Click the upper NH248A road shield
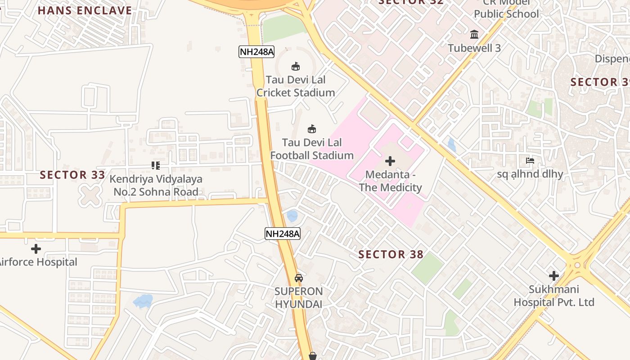pyautogui.click(x=256, y=52)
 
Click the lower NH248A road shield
pyautogui.click(x=282, y=234)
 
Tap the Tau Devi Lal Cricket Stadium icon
pyautogui.click(x=296, y=67)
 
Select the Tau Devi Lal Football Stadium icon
pyautogui.click(x=311, y=129)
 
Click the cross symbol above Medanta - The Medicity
pyautogui.click(x=390, y=161)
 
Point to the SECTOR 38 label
pyautogui.click(x=391, y=255)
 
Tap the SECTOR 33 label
pyautogui.click(x=72, y=175)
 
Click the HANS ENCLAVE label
pyautogui.click(x=85, y=10)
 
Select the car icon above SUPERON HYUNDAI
pyautogui.click(x=299, y=278)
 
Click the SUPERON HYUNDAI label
pyautogui.click(x=299, y=297)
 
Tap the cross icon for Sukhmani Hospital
pyautogui.click(x=554, y=276)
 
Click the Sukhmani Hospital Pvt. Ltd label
pyautogui.click(x=554, y=296)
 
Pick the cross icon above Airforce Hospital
pyautogui.click(x=36, y=249)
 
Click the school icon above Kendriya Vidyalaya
pyautogui.click(x=156, y=166)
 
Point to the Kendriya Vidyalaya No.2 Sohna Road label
pyautogui.click(x=156, y=185)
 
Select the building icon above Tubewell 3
pyautogui.click(x=474, y=34)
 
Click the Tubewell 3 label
pyautogui.click(x=474, y=48)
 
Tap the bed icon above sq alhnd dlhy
pyautogui.click(x=530, y=161)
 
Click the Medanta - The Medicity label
pyautogui.click(x=390, y=181)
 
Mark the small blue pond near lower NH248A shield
pyautogui.click(x=292, y=216)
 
